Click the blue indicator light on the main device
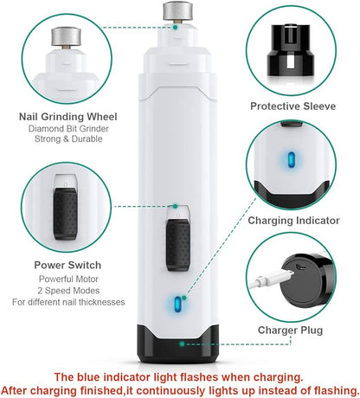pyautogui.click(x=180, y=305)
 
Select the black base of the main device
pyautogui.click(x=179, y=346)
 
